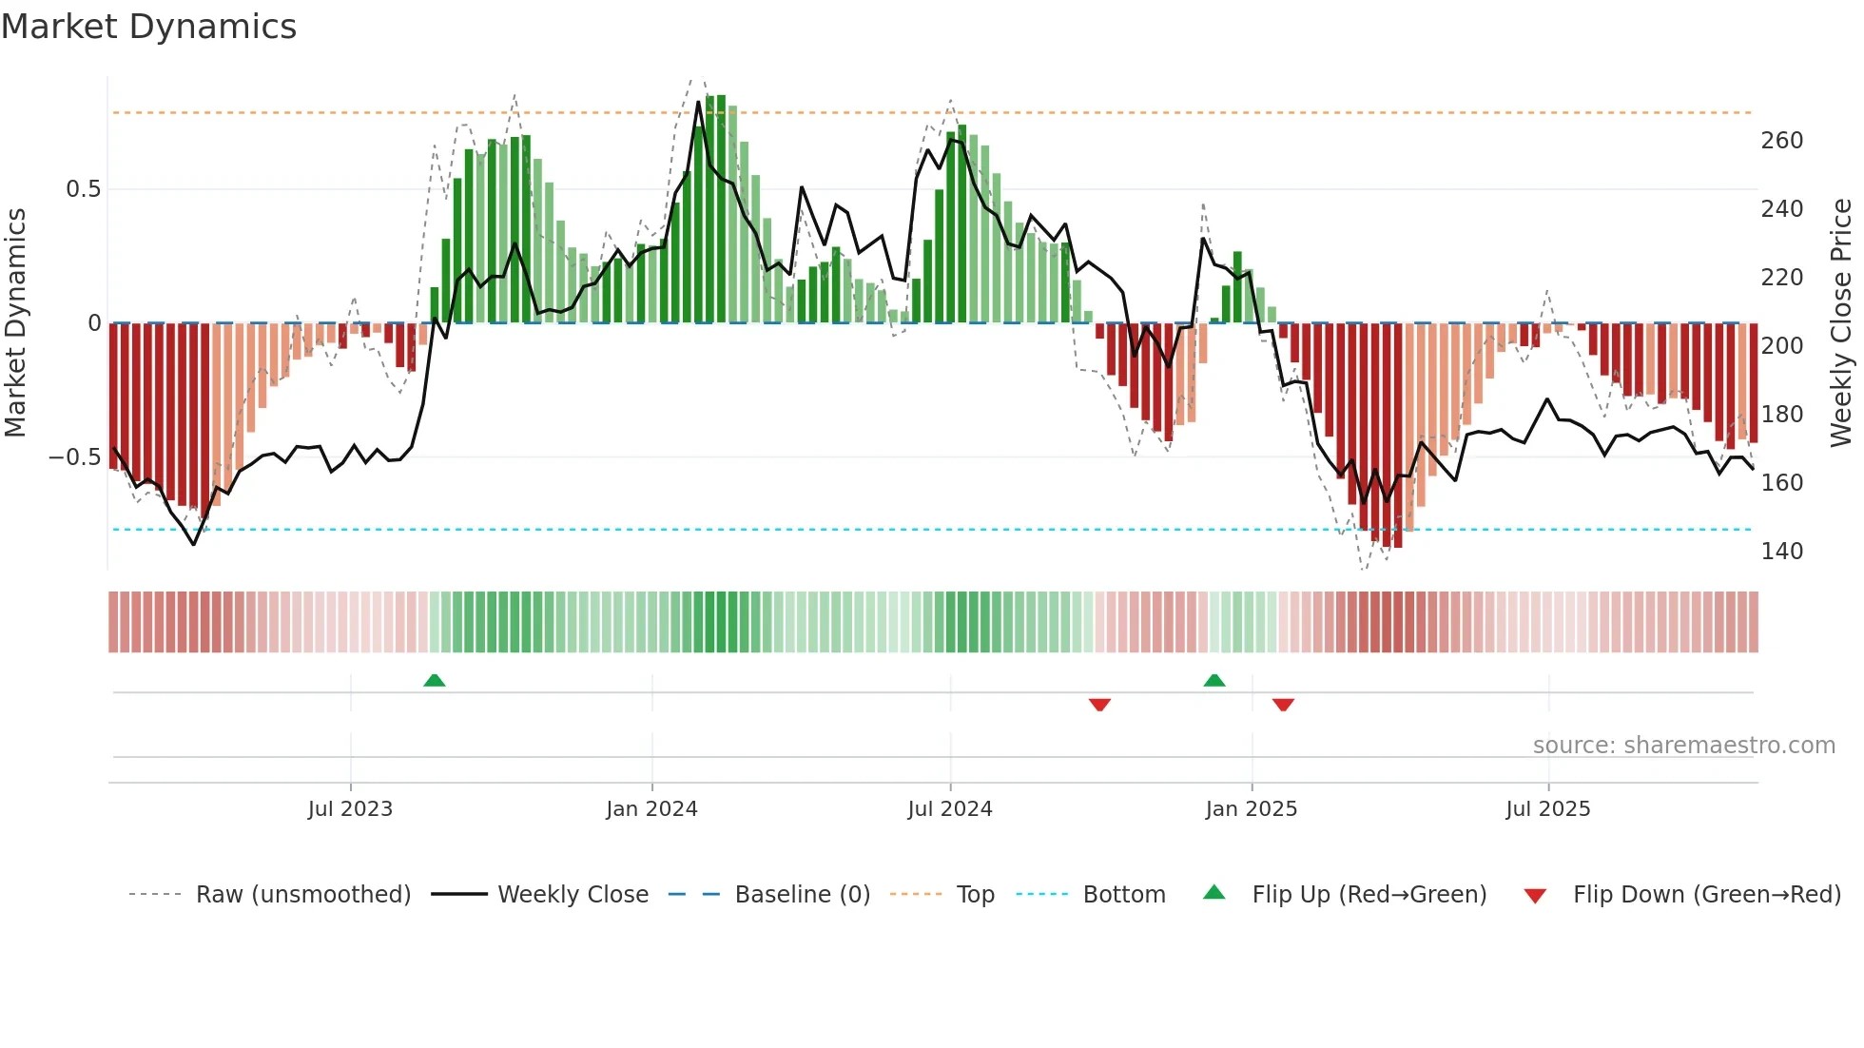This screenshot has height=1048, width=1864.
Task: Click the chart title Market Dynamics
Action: coord(148,27)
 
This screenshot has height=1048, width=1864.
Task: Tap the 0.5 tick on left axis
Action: coord(83,189)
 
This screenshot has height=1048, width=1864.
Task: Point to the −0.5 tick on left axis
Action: coord(74,457)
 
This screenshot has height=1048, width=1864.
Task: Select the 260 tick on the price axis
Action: coord(1781,141)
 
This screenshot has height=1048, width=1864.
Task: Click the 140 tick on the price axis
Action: coord(1781,552)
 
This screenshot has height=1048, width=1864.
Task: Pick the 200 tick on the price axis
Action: coord(1781,346)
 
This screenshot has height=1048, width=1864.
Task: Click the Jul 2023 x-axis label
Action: coord(350,809)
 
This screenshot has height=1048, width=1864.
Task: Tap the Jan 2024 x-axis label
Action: coord(651,809)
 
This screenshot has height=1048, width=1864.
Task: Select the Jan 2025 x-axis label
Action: coord(1251,809)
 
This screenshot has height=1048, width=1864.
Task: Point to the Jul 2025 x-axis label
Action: coord(1547,809)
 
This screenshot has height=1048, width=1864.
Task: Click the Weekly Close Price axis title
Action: coord(1841,323)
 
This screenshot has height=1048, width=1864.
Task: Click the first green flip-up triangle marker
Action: coord(434,681)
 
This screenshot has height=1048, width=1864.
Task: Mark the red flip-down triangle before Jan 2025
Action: coord(1099,705)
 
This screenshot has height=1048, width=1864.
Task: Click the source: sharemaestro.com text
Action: coord(1683,746)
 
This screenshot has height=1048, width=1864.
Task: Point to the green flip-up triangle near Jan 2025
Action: coord(1214,681)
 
